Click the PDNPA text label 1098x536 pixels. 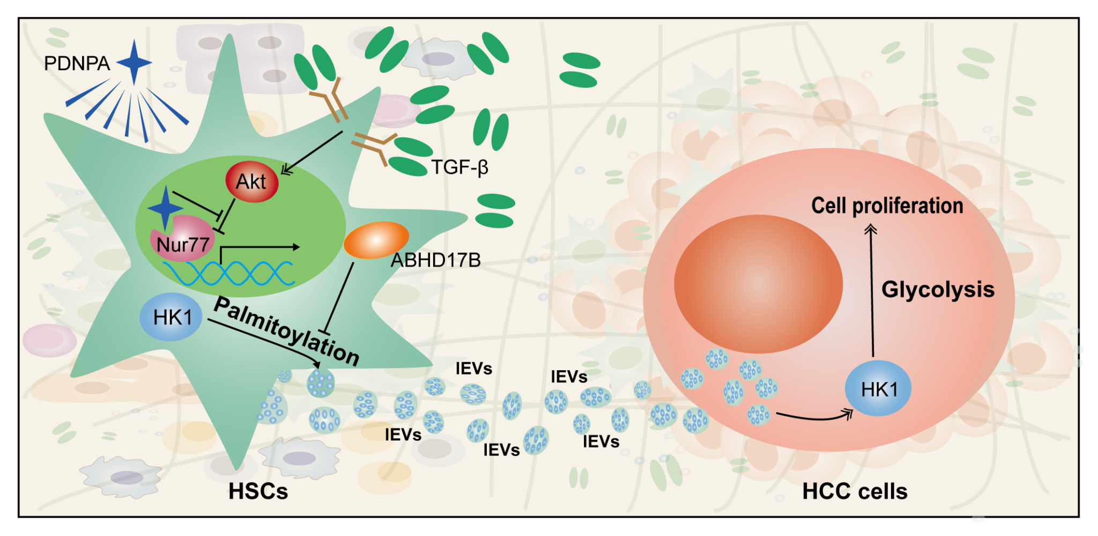pyautogui.click(x=77, y=64)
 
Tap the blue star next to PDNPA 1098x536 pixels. pyautogui.click(x=134, y=62)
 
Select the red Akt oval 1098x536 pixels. pyautogui.click(x=252, y=182)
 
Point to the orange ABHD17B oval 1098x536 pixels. pyautogui.click(x=376, y=240)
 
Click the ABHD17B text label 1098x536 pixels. pyautogui.click(x=435, y=261)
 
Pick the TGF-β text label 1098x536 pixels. pyautogui.click(x=459, y=168)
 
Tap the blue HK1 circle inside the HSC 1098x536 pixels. pyautogui.click(x=171, y=317)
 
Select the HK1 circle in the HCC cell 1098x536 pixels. pyautogui.click(x=878, y=389)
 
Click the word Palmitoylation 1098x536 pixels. pyautogui.click(x=287, y=331)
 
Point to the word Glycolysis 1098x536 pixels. pyautogui.click(x=938, y=290)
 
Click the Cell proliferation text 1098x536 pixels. pyautogui.click(x=887, y=206)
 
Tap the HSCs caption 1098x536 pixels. pyautogui.click(x=258, y=491)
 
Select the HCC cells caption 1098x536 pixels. pyautogui.click(x=855, y=491)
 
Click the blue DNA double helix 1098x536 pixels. pyautogui.click(x=229, y=273)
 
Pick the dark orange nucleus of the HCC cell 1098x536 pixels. pyautogui.click(x=758, y=284)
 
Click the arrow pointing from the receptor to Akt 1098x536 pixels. pyautogui.click(x=313, y=152)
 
